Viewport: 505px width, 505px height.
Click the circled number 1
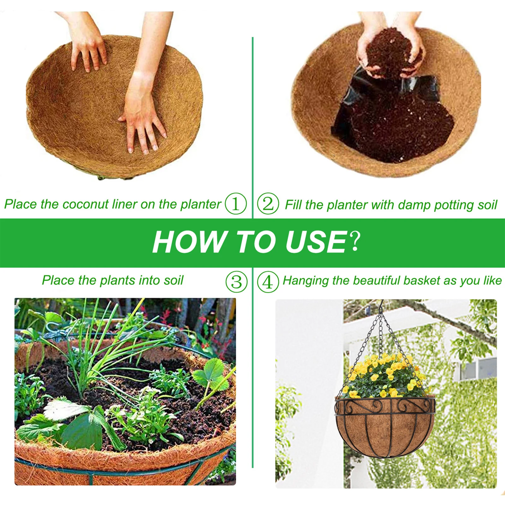point(236,204)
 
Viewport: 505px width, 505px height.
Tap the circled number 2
point(268,204)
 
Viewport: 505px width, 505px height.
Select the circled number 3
point(236,282)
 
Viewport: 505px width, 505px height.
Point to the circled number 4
point(268,282)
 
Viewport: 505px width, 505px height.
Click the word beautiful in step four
point(377,280)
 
